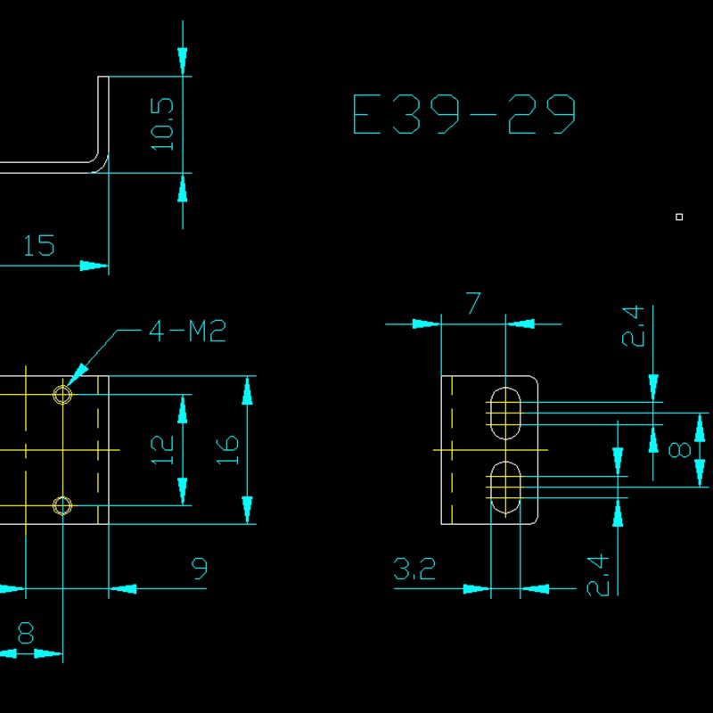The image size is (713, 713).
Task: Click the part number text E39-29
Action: tap(464, 115)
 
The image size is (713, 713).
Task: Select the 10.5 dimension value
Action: tap(162, 123)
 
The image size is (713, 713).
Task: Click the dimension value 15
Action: tap(38, 245)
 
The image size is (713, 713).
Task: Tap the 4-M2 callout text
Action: tap(187, 332)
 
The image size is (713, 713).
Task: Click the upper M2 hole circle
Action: tap(62, 394)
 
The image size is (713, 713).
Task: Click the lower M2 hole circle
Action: tap(62, 506)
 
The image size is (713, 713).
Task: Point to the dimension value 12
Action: tap(161, 450)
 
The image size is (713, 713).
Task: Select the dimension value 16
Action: tap(227, 450)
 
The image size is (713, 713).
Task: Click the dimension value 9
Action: tap(200, 567)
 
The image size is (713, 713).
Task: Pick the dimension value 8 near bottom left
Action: tap(26, 633)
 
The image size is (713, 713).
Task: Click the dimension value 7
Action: tap(473, 304)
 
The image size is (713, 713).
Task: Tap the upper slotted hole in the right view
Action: tap(505, 413)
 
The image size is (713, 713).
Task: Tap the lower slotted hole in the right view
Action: tap(505, 488)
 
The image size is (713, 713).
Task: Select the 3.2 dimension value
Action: tap(414, 569)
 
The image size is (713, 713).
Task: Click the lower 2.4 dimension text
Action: tap(598, 575)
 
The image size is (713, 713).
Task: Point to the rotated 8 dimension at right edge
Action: tap(680, 450)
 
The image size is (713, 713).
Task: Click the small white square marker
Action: tap(679, 217)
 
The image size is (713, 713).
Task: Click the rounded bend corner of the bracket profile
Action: tap(100, 164)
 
